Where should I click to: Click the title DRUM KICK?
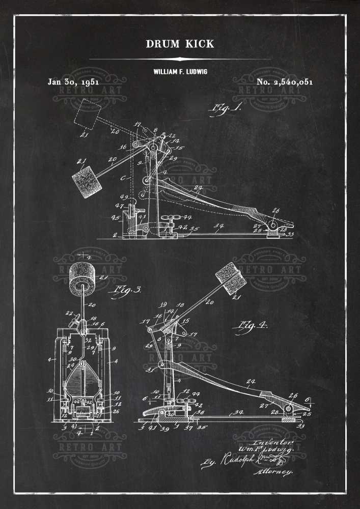[x=180, y=44]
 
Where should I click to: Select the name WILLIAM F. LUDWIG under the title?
[x=180, y=72]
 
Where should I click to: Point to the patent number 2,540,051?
[x=285, y=81]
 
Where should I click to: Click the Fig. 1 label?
[x=225, y=108]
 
